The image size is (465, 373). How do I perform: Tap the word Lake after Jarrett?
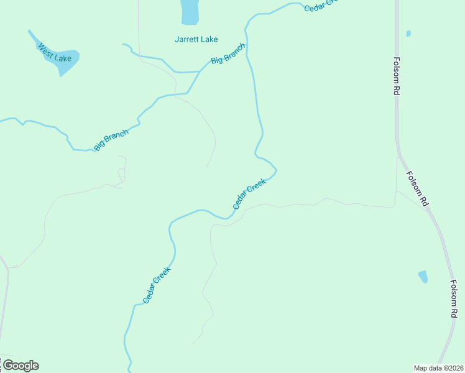[209, 39]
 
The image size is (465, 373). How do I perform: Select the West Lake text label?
[55, 53]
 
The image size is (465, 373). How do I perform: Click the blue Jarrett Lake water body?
[190, 11]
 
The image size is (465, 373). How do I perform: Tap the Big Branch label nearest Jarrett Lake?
[228, 53]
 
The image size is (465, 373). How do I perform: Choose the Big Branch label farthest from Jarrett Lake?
[111, 140]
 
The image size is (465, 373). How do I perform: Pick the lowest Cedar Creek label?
[157, 285]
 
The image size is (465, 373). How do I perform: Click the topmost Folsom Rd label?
[396, 76]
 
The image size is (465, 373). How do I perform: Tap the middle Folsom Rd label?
[417, 189]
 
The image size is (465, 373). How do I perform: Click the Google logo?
[21, 366]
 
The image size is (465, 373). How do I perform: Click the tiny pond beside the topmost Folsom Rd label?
[408, 34]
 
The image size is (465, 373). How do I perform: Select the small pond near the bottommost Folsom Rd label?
[423, 277]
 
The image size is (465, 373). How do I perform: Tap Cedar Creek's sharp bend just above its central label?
[275, 169]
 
